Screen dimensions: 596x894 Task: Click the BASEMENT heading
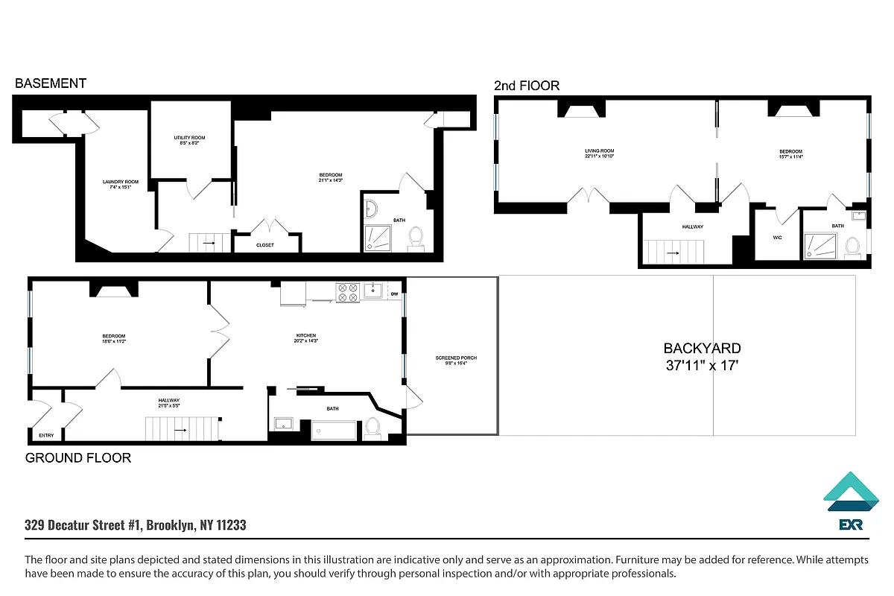pyautogui.click(x=51, y=83)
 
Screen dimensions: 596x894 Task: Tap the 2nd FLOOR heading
pyautogui.click(x=526, y=86)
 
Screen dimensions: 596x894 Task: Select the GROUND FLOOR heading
pyautogui.click(x=78, y=457)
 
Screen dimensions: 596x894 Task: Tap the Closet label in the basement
pyautogui.click(x=265, y=244)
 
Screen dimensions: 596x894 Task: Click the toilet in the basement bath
pyautogui.click(x=416, y=238)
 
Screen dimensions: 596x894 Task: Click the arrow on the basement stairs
pyautogui.click(x=209, y=243)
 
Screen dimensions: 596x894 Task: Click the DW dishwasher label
pyautogui.click(x=395, y=294)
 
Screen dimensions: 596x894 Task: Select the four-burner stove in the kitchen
pyautogui.click(x=347, y=291)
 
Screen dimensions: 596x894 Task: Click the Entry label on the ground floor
pyautogui.click(x=46, y=435)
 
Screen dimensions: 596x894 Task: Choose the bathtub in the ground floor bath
pyautogui.click(x=333, y=429)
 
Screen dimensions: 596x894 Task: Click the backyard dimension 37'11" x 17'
pyautogui.click(x=702, y=366)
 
